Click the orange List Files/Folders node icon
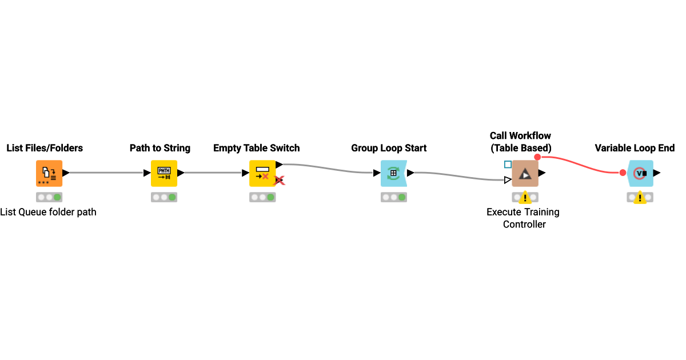49,173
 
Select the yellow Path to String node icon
164,173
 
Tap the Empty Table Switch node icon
262,173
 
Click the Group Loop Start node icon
393,173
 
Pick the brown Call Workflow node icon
525,173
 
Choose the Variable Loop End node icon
640,173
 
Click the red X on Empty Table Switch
279,181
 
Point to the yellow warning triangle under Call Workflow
525,198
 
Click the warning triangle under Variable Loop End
640,198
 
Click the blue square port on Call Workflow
508,165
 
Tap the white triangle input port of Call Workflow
508,180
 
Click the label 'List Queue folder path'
48,212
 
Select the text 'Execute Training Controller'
523,218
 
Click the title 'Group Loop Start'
389,148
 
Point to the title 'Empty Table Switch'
256,148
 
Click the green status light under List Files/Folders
57,197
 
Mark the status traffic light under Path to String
164,197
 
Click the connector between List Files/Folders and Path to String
106,173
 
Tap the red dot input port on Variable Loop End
623,173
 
